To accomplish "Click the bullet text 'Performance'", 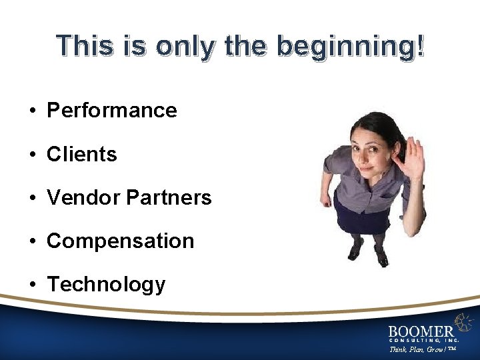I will [x=111, y=110].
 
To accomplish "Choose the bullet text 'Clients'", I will [x=81, y=154].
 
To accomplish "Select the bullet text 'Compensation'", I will [x=120, y=241].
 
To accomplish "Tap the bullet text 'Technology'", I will [x=106, y=285].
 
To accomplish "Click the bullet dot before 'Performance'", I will [x=32, y=111].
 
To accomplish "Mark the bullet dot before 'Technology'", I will [x=32, y=285].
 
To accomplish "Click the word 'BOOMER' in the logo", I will [x=421, y=330].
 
